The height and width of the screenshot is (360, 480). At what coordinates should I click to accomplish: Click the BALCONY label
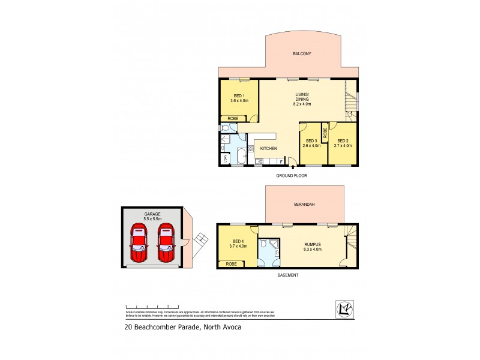click(302, 54)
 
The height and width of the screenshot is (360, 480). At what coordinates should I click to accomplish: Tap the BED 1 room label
click(238, 98)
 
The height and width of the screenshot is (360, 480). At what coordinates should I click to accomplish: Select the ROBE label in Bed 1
click(233, 118)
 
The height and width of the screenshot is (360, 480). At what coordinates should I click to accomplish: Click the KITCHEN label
click(268, 148)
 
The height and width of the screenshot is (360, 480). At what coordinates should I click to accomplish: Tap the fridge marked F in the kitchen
click(281, 161)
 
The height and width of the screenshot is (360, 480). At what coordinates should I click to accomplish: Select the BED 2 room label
click(343, 141)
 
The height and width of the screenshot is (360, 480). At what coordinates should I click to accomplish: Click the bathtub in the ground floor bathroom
click(239, 157)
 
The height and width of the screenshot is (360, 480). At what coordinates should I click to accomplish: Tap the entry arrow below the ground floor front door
click(292, 169)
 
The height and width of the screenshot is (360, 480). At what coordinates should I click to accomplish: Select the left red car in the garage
click(139, 242)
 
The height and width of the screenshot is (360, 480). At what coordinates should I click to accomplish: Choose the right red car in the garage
click(166, 242)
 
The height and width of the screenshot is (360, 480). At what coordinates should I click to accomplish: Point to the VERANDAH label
click(304, 205)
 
